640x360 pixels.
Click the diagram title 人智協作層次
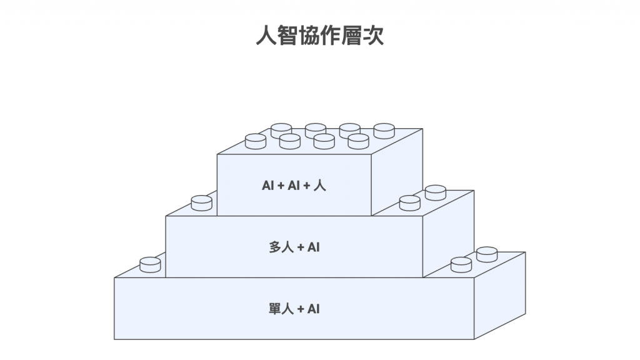tap(320, 35)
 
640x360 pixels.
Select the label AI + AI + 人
tap(294, 186)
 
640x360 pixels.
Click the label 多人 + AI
tap(294, 247)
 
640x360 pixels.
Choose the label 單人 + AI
tap(294, 309)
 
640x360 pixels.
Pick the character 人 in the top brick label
tap(320, 186)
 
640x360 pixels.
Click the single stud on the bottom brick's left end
tap(150, 264)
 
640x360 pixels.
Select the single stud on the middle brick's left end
tap(201, 202)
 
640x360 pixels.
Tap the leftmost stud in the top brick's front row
tap(256, 141)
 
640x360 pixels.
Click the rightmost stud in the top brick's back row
tap(384, 130)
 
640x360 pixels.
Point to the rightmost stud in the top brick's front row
tap(358, 141)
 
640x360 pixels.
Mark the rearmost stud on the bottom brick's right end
tap(486, 254)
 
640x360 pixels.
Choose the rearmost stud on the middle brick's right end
tap(435, 192)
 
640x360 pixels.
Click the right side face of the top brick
tap(396, 172)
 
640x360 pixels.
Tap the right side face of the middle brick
tap(448, 234)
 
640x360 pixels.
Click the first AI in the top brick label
tap(267, 186)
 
